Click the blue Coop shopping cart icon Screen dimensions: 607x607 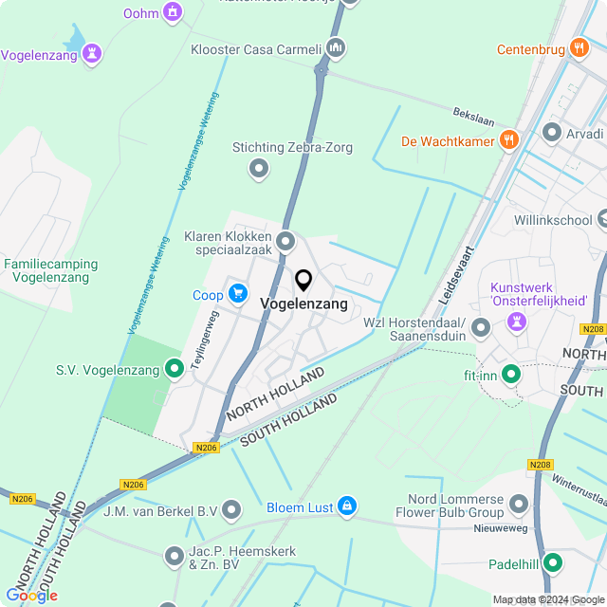pyautogui.click(x=236, y=295)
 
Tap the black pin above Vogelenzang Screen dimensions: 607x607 pyautogui.click(x=303, y=281)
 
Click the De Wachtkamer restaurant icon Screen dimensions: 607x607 pyautogui.click(x=509, y=140)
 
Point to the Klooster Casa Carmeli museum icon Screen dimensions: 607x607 pyautogui.click(x=334, y=48)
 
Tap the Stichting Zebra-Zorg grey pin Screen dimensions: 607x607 pyautogui.click(x=258, y=169)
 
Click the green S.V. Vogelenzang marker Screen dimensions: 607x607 pyautogui.click(x=174, y=368)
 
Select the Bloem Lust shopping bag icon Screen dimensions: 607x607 pyautogui.click(x=347, y=507)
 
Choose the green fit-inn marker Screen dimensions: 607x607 pyautogui.click(x=511, y=375)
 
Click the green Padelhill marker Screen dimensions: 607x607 pyautogui.click(x=552, y=564)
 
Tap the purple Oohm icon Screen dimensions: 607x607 pyautogui.click(x=172, y=12)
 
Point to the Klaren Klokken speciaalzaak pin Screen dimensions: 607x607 pyautogui.click(x=285, y=242)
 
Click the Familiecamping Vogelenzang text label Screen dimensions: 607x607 pyautogui.click(x=47, y=270)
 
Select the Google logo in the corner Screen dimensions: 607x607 pyautogui.click(x=31, y=595)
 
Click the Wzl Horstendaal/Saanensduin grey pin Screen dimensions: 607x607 pyautogui.click(x=480, y=328)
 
